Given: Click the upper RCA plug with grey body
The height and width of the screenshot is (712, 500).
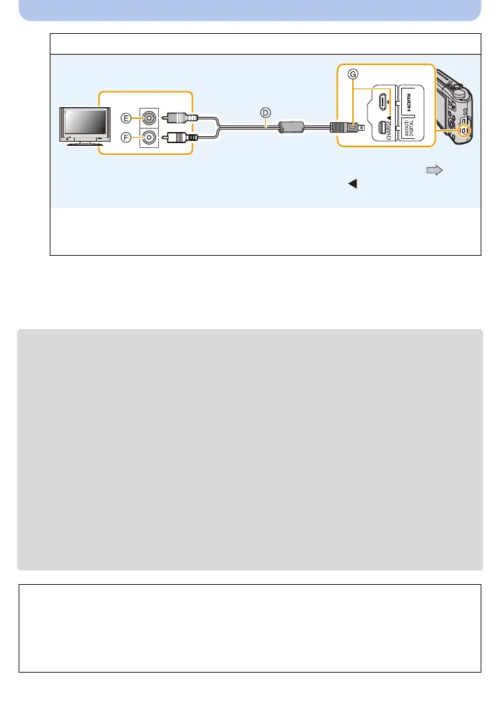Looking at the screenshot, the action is [183, 118].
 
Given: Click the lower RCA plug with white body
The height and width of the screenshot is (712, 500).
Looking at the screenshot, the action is [183, 137].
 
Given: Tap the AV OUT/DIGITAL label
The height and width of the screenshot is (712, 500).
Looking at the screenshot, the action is [407, 129].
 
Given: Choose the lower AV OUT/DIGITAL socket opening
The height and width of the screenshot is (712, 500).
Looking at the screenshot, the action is [383, 129].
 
